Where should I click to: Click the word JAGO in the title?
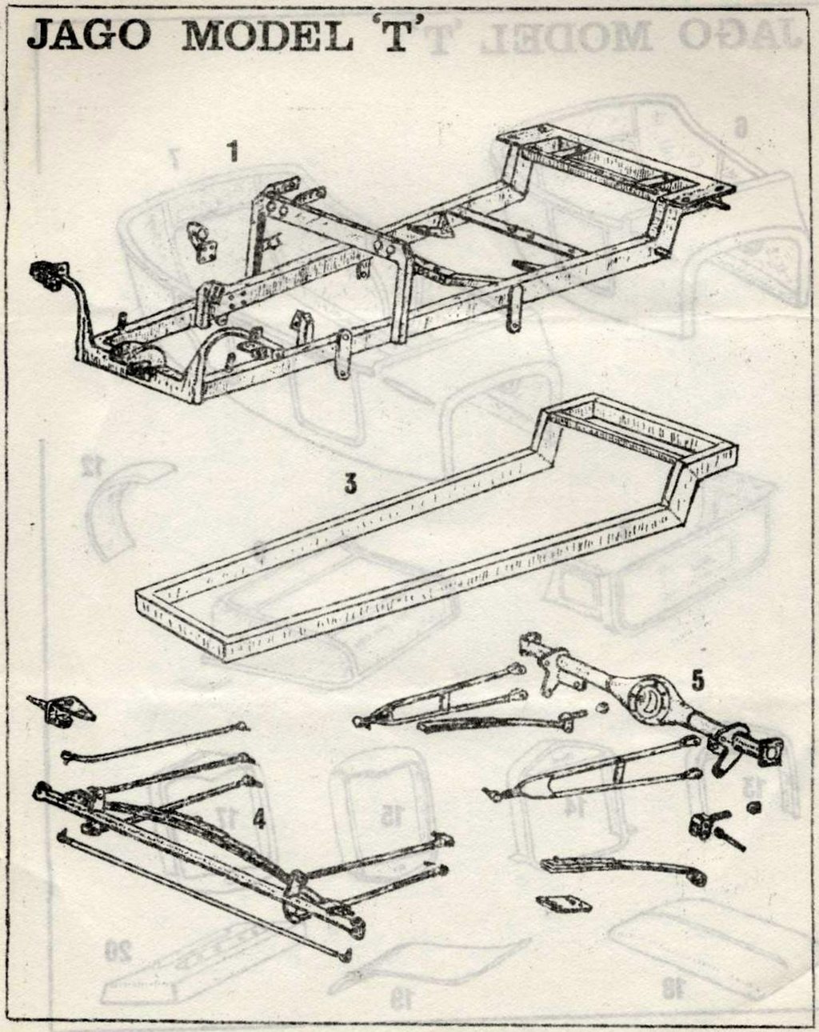89,34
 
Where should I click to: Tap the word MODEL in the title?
267,36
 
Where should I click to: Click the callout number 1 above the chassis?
233,151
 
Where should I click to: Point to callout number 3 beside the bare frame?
350,484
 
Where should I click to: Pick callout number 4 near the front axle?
258,819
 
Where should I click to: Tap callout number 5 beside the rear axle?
697,680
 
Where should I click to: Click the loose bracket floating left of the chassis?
202,242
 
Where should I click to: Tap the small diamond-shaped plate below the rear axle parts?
563,904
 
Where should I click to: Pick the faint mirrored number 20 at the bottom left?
118,950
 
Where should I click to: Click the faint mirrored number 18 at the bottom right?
673,988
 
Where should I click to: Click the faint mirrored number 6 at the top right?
741,126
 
